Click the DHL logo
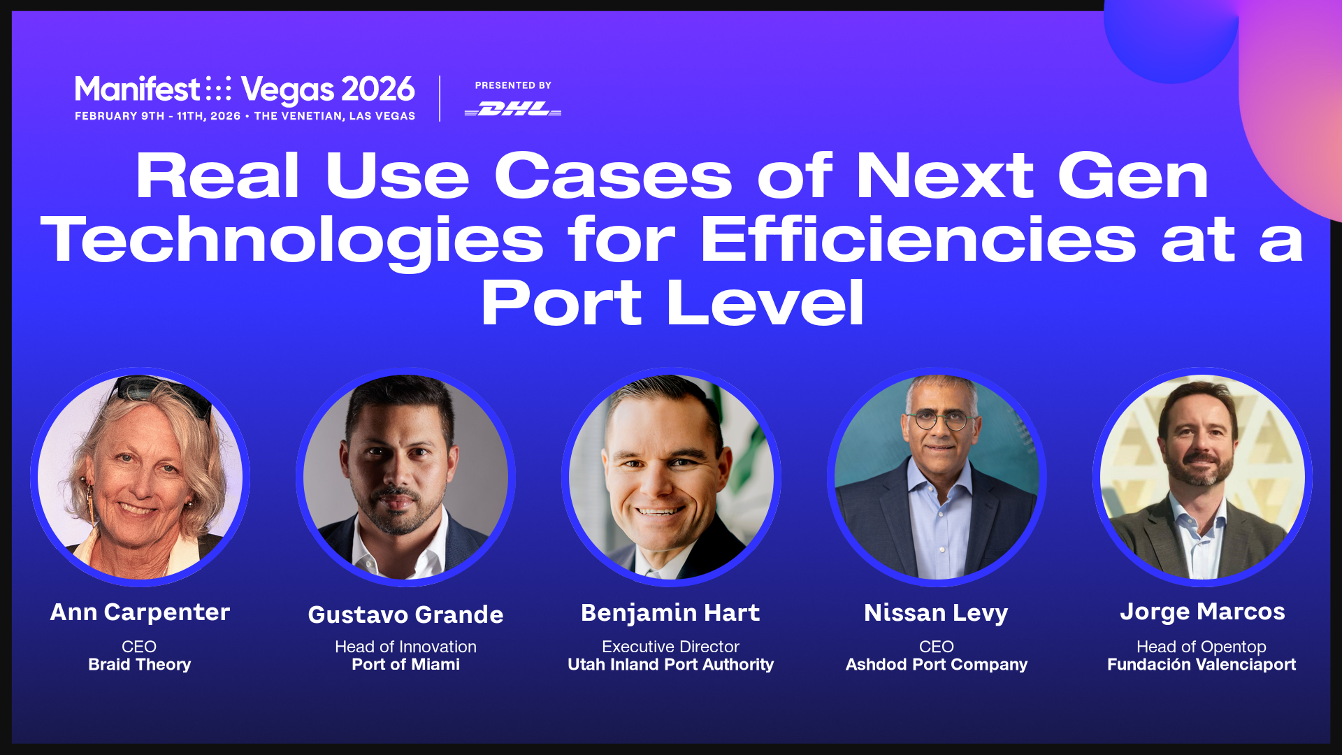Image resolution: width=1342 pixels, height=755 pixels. coord(513,109)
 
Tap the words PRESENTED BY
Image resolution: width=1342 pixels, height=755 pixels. coord(514,85)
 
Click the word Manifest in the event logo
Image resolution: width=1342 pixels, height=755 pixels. coord(138,89)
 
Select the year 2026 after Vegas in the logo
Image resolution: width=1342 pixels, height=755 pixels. coord(378,89)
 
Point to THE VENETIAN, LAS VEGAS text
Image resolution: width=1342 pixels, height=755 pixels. coord(335,116)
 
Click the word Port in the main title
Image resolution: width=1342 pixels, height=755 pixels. coord(561,302)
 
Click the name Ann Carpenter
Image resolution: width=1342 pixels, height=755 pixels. coord(140,612)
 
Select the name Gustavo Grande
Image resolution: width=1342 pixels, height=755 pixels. coord(406,614)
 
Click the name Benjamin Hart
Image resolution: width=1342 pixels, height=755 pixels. coord(670,613)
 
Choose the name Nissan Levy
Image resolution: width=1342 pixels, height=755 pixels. coord(936,614)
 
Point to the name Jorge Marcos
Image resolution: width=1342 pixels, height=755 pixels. coord(1202,612)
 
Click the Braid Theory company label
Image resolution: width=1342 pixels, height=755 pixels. coord(140,665)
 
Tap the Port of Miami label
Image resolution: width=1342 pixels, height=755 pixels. coord(406,664)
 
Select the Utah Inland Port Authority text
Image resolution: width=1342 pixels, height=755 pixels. coord(671,665)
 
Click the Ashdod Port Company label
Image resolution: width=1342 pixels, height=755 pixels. coord(937,665)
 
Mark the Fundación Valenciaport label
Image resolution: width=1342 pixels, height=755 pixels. coord(1202,665)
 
